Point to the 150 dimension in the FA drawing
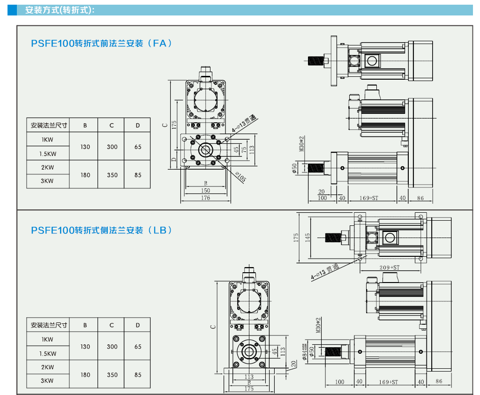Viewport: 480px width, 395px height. click(205, 191)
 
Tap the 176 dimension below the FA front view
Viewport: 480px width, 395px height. click(205, 198)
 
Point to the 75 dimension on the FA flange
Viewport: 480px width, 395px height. click(244, 149)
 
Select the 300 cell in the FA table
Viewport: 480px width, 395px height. click(112, 147)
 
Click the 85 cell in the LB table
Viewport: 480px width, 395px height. click(138, 375)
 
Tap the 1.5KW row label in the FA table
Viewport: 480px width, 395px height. click(48, 154)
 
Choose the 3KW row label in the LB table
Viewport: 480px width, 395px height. click(47, 381)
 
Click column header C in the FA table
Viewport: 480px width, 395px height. click(112, 125)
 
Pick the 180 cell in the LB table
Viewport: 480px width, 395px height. click(85, 375)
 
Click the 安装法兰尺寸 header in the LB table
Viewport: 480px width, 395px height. click(49, 325)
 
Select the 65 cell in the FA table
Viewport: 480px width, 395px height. click(138, 147)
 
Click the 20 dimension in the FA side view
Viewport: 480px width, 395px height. click(322, 191)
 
